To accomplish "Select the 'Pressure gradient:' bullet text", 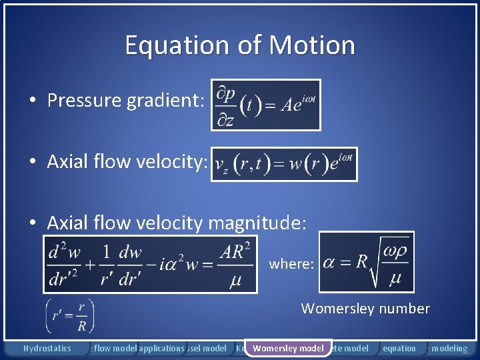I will point(121,101).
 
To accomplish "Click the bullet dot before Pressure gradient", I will point(32,101).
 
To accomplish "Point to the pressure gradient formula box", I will point(265,105).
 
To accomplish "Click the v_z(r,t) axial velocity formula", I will point(284,164).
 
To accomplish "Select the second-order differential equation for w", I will point(150,264).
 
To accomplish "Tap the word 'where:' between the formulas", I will point(291,264).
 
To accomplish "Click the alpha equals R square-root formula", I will point(366,262).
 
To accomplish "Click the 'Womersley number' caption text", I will point(365,308).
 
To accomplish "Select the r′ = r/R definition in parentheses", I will point(70,316).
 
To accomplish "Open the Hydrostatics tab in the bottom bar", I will point(47,348).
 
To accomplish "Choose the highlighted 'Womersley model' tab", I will point(288,348).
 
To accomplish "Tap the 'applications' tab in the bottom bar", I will point(161,348).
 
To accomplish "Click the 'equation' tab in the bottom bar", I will point(399,348).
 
